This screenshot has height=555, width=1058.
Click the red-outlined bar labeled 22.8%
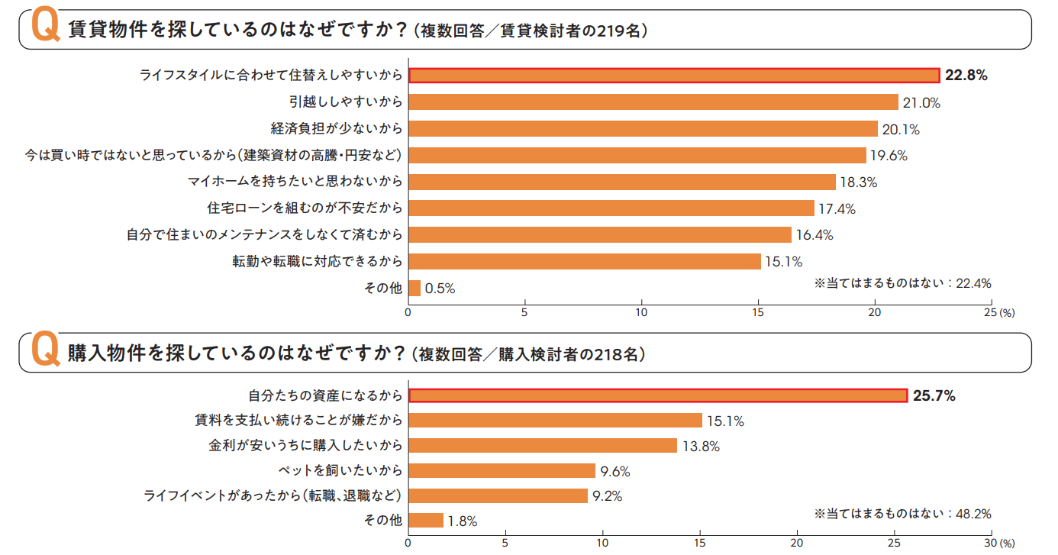point(673,75)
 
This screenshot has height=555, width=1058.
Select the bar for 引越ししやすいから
point(653,102)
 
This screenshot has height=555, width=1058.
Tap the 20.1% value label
point(901,129)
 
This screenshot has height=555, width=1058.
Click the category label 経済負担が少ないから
point(335,128)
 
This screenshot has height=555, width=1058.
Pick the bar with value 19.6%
point(637,156)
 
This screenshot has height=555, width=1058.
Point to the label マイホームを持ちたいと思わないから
point(295,182)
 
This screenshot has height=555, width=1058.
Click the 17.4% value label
point(837,208)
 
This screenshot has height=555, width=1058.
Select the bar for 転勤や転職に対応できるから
point(585,262)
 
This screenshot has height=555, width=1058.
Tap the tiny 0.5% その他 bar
point(414,288)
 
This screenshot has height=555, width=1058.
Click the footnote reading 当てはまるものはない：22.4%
point(902,283)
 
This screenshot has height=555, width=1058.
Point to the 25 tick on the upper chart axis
point(990,312)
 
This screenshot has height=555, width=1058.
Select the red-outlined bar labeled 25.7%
point(658,395)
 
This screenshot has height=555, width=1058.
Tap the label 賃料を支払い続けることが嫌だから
point(298,421)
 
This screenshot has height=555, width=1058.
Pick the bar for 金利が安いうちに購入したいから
point(543,446)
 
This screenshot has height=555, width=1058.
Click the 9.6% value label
point(615,471)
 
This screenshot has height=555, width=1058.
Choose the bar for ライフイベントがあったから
point(498,496)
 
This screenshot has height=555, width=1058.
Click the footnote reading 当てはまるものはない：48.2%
point(902,514)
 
